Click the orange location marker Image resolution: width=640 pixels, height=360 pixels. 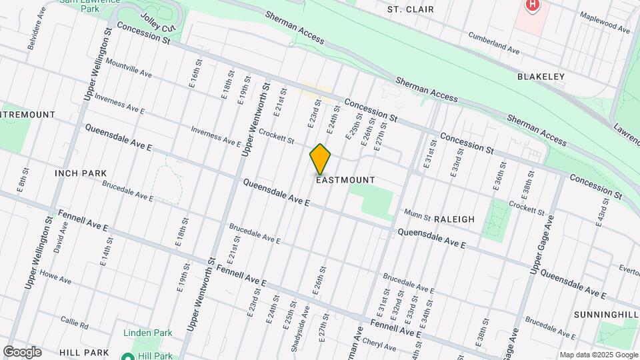coord(321,159)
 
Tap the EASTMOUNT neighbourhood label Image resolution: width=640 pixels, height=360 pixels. coord(345,180)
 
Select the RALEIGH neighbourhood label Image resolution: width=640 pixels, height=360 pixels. coord(454,219)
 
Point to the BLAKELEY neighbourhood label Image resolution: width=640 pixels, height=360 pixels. coord(541,77)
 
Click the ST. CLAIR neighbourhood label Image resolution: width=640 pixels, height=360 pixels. coord(411,9)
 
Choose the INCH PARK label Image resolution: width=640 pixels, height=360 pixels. coord(81,173)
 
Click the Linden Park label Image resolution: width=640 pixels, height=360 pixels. coord(147,333)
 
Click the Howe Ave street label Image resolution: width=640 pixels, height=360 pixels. coord(55,277)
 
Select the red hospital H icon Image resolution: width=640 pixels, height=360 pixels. coord(532,5)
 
